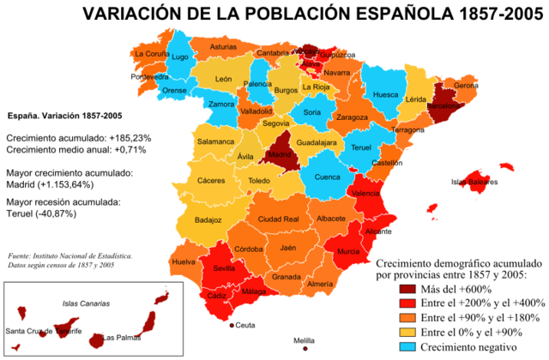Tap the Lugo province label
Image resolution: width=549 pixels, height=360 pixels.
tap(180, 57)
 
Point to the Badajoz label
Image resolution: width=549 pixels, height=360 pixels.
tap(208, 219)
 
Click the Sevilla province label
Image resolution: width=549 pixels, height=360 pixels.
tap(224, 268)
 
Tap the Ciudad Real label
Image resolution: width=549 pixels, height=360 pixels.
tap(278, 219)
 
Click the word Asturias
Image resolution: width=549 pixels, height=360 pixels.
tap(223, 47)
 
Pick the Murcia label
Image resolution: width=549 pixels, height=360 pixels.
tap(348, 252)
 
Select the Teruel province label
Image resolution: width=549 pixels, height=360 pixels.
tap(361, 147)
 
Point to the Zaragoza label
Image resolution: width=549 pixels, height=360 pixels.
tap(352, 117)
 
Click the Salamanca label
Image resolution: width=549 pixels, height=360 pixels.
tap(215, 141)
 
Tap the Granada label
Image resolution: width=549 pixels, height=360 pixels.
tap(287, 277)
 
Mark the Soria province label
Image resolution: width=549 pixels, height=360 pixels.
tap(312, 111)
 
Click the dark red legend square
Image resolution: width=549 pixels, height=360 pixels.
tap(408, 290)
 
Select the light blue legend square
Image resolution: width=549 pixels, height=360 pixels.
tap(408, 347)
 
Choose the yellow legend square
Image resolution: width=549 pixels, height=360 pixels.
tap(408, 333)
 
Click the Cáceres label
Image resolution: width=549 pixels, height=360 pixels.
tap(210, 181)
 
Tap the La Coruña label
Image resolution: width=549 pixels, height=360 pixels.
tap(151, 53)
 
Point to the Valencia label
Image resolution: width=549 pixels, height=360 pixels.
tap(368, 194)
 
